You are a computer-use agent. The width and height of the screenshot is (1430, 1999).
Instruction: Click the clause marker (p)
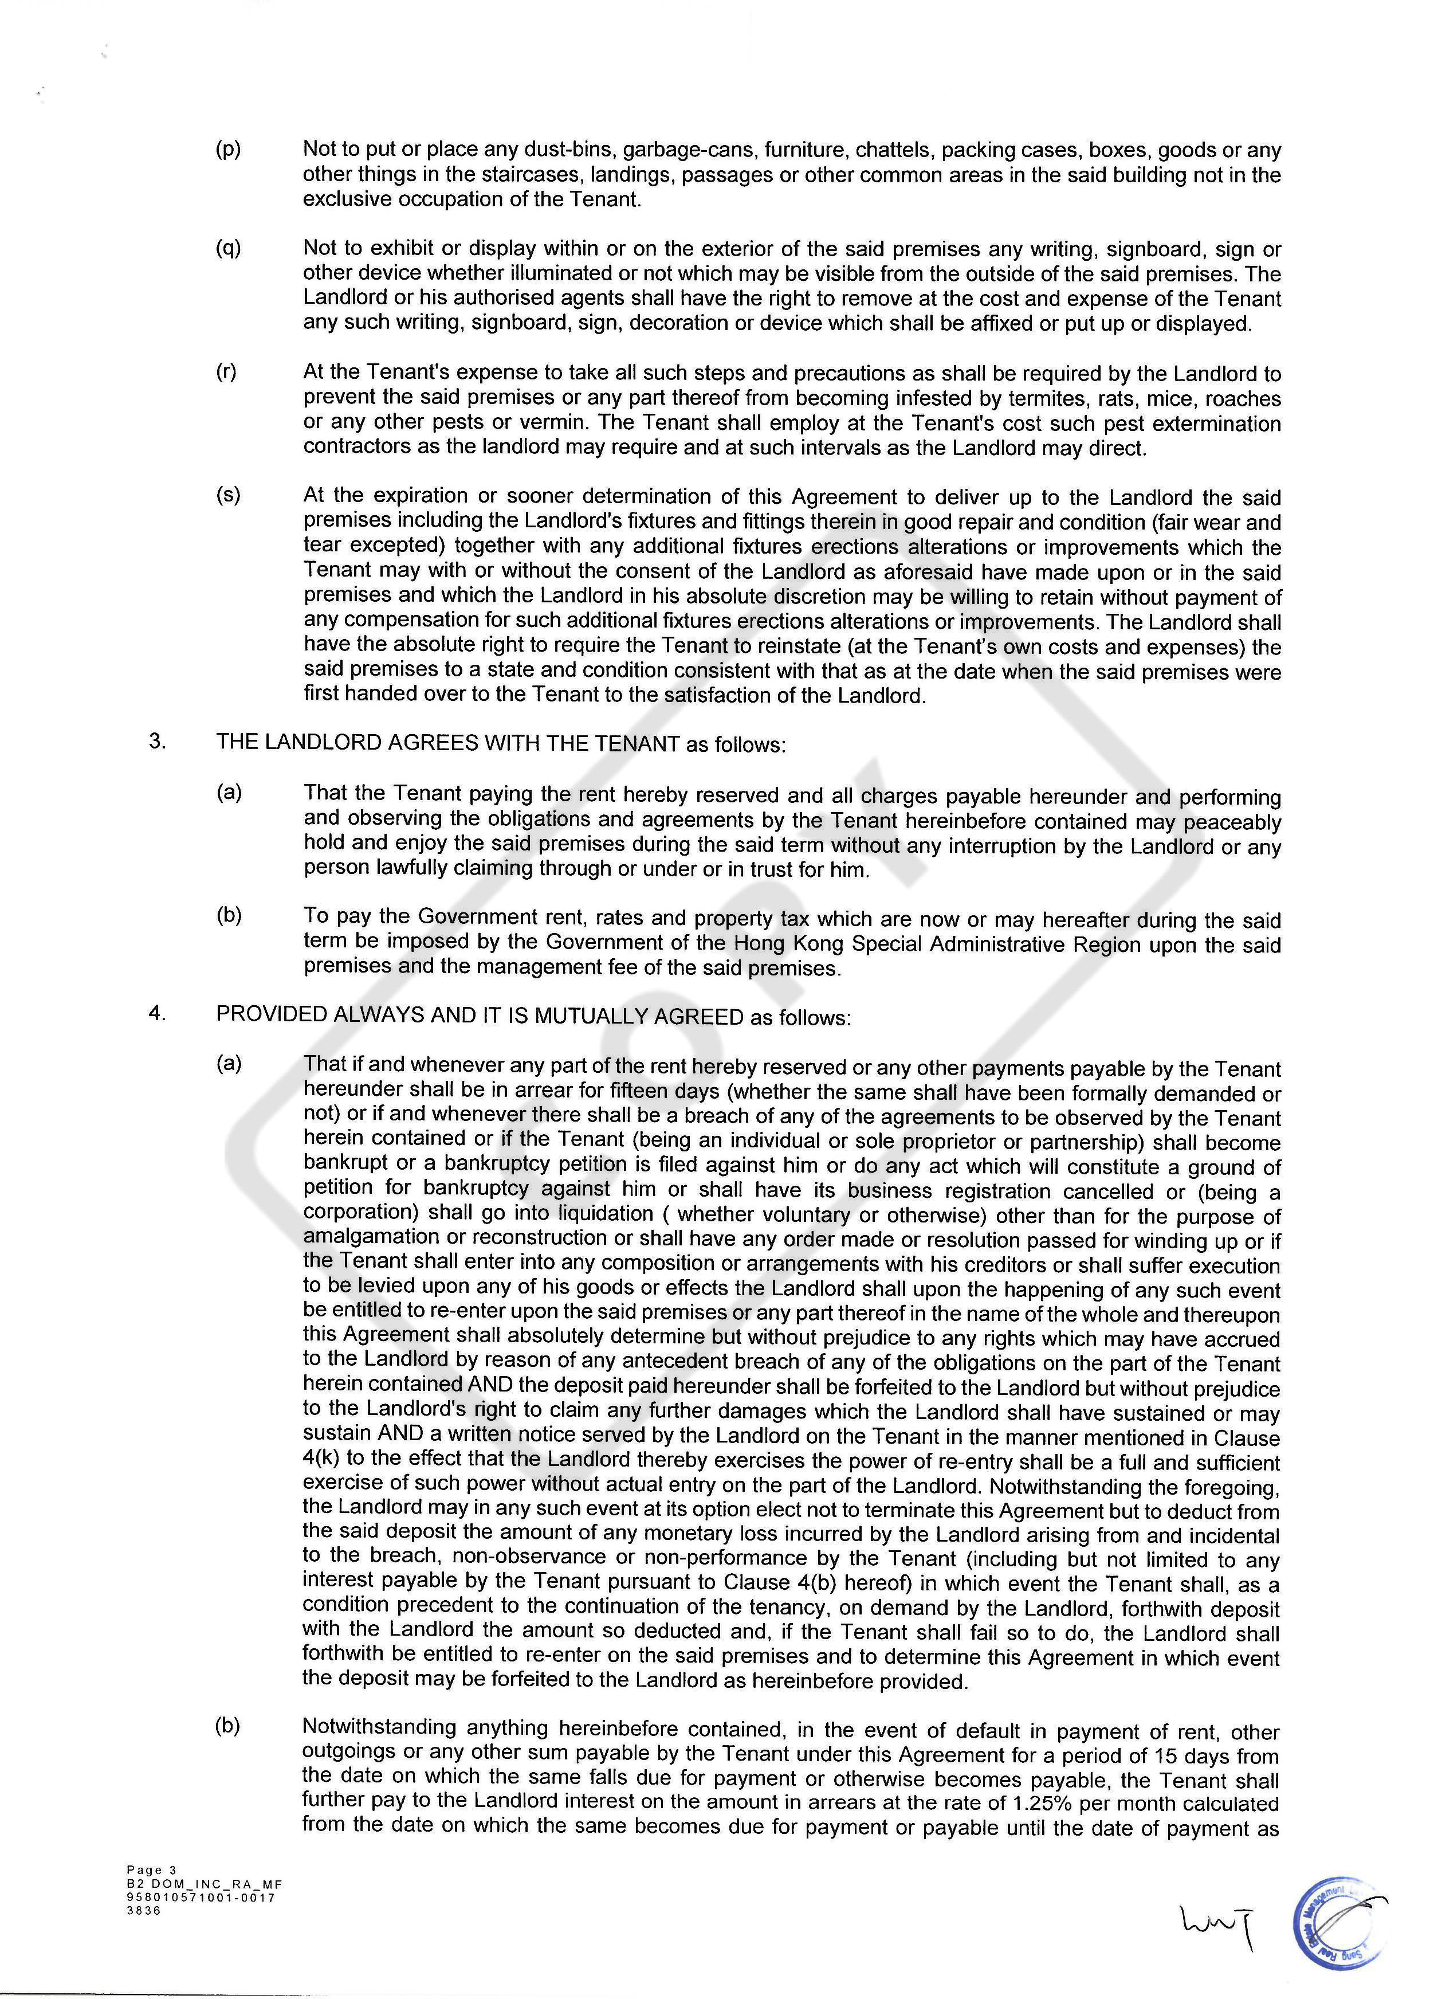pyautogui.click(x=228, y=150)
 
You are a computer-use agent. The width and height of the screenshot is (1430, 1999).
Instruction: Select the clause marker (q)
pyautogui.click(x=228, y=249)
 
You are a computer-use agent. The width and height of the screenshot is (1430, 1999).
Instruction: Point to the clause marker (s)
pyautogui.click(x=228, y=496)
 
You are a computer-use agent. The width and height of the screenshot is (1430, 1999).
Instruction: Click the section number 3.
pyautogui.click(x=158, y=742)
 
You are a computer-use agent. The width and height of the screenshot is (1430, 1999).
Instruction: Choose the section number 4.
pyautogui.click(x=158, y=1014)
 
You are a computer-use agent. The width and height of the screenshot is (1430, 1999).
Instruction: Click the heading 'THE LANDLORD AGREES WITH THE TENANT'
pyautogui.click(x=447, y=743)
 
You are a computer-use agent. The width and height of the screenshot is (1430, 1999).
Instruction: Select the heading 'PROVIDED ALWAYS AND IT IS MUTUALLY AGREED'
pyautogui.click(x=480, y=1016)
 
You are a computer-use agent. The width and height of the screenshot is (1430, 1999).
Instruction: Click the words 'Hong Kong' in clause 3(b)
pyautogui.click(x=777, y=944)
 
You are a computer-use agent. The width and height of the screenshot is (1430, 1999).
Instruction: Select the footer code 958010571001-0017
pyautogui.click(x=201, y=1897)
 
